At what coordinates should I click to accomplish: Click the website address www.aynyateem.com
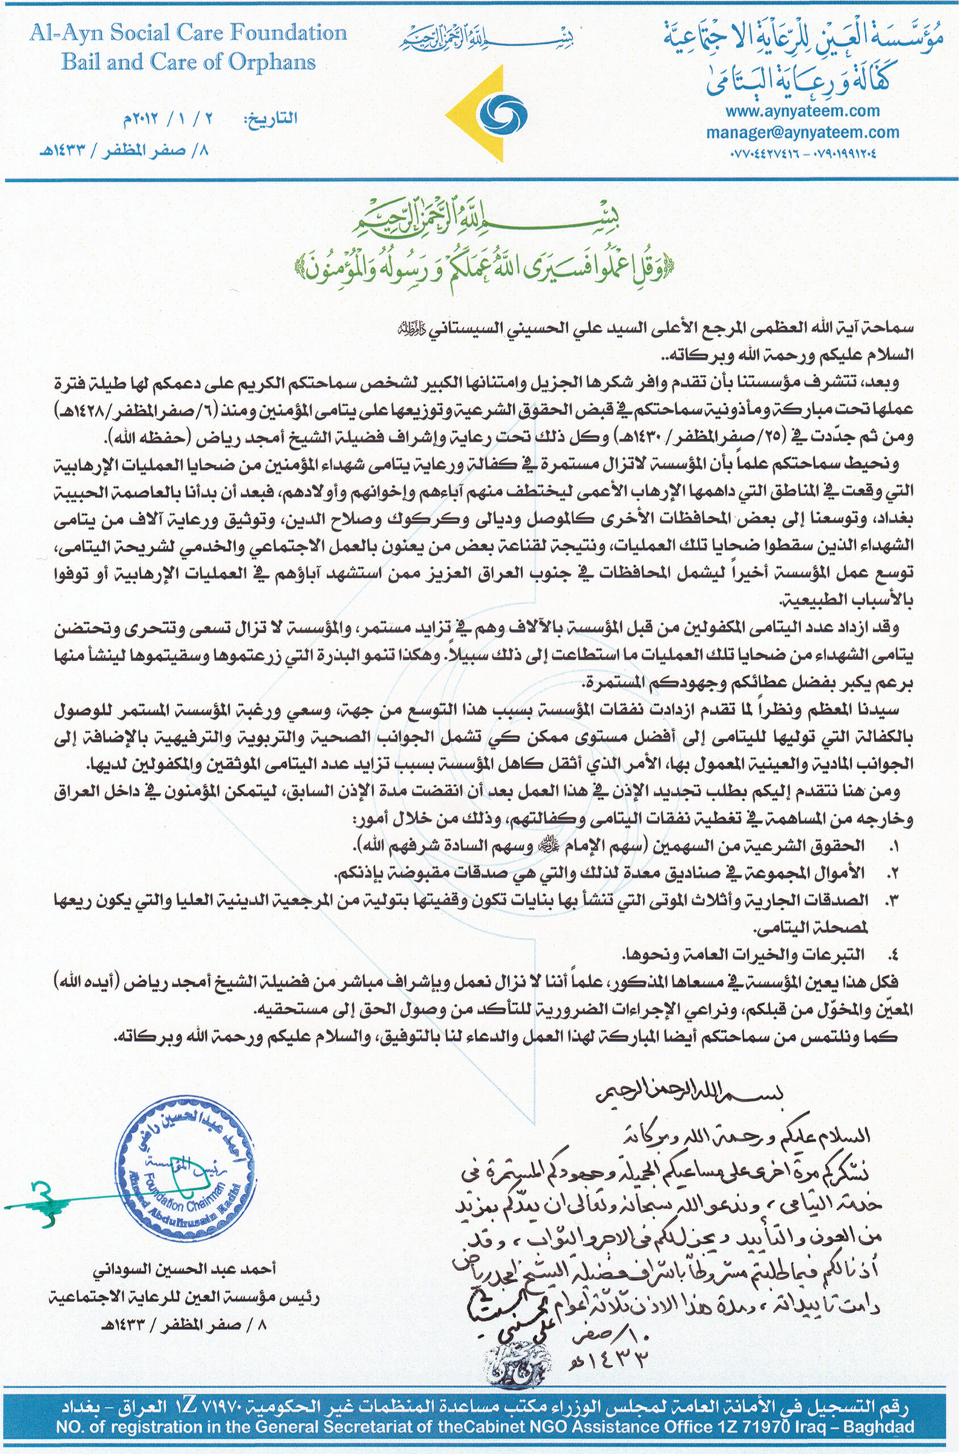(802, 111)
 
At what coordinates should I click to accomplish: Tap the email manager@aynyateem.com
(802, 132)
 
